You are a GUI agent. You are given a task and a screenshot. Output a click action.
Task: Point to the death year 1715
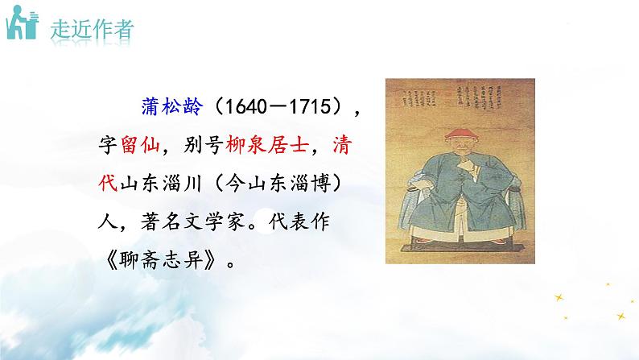pos(302,107)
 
